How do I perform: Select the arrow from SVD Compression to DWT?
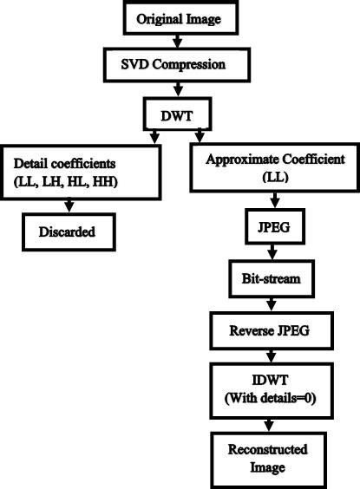[180, 88]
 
